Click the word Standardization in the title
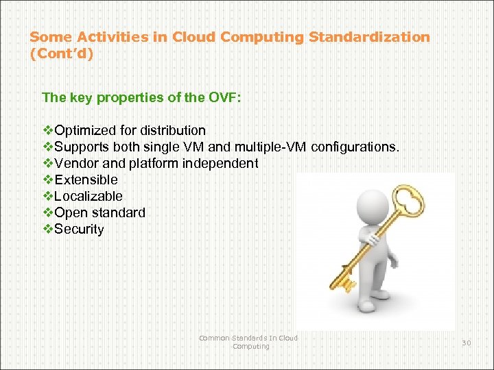(370, 37)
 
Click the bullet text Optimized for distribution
(130, 130)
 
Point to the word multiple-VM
(271, 147)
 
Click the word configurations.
(354, 147)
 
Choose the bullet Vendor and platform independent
(156, 163)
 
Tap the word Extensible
(86, 180)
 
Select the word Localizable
(89, 196)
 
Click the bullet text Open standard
(99, 212)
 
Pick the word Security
(79, 229)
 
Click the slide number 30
(466, 343)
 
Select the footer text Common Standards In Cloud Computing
(248, 342)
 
